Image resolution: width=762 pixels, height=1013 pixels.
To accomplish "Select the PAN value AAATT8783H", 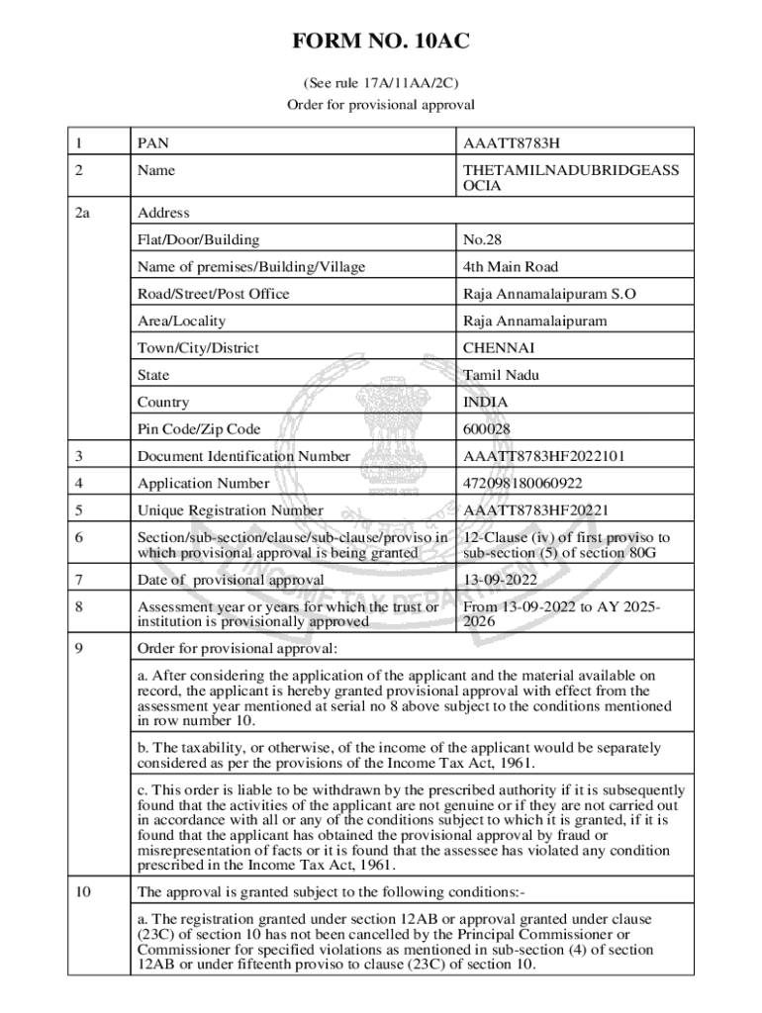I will coord(518,143).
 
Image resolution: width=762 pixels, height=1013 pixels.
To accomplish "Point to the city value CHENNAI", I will coord(499,348).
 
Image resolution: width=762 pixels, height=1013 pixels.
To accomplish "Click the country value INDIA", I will coord(486,403).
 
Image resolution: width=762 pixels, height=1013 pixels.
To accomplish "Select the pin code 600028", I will coord(487,429).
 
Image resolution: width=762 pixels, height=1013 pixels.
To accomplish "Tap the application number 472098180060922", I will coord(523,484).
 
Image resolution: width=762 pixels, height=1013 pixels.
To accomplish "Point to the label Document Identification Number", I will coord(243,456).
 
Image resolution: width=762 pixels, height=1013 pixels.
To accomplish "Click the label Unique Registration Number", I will coord(231,510).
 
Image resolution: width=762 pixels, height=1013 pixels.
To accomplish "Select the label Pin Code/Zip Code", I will coord(199,429).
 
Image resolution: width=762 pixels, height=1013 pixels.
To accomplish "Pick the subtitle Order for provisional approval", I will coord(380,104).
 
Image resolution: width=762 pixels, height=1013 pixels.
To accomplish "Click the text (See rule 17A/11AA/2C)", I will coord(380,83).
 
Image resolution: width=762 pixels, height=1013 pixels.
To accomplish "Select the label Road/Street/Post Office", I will coord(214,294).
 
